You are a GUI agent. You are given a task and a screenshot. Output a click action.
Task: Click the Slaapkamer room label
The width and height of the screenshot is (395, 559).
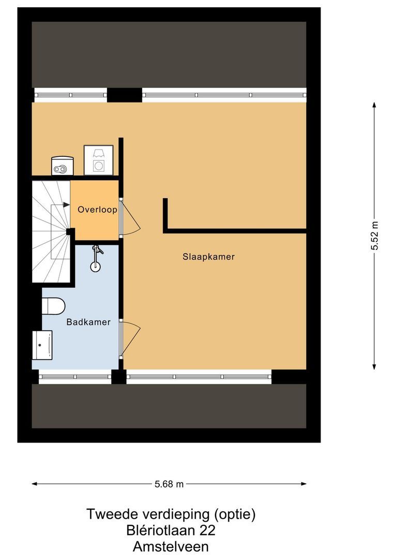click(208, 257)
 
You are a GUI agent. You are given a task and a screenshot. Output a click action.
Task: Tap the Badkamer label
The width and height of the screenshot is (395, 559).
click(88, 322)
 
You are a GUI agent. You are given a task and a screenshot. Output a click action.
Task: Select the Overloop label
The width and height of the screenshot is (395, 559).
click(97, 210)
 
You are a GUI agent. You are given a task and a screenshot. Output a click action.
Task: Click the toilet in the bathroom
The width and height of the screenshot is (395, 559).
click(52, 306)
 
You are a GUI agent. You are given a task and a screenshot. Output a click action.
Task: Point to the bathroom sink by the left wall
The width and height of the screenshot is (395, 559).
click(42, 345)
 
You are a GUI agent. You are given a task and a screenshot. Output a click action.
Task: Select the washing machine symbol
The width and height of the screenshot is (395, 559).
click(98, 159)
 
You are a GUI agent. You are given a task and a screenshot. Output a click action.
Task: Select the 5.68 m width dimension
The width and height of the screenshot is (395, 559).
click(169, 484)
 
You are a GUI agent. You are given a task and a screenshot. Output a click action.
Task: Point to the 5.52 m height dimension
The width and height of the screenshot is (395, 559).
click(375, 236)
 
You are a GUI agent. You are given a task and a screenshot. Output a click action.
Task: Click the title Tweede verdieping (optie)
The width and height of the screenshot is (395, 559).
click(171, 514)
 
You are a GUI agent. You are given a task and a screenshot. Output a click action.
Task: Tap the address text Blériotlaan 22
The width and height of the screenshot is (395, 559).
click(171, 530)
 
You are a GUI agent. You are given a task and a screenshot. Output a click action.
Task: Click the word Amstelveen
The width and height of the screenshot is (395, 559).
click(171, 546)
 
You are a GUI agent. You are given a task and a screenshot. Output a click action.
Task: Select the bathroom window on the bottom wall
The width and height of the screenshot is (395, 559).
click(75, 377)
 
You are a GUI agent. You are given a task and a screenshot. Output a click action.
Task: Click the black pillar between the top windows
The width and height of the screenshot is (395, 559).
click(124, 95)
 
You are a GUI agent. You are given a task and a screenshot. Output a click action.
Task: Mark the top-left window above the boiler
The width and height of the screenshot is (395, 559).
click(70, 95)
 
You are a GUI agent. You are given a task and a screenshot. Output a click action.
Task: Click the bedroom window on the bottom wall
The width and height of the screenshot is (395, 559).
click(199, 377)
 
